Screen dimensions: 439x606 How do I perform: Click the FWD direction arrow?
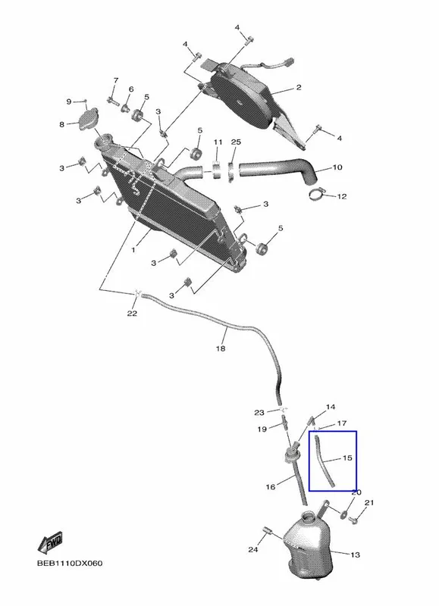pyautogui.click(x=50, y=543)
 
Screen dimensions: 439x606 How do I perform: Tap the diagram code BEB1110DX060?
pyautogui.click(x=70, y=564)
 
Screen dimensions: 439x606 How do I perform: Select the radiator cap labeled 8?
pyautogui.click(x=89, y=120)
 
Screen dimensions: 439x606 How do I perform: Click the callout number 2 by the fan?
pyautogui.click(x=299, y=88)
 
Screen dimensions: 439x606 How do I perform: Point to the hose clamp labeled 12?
pyautogui.click(x=317, y=194)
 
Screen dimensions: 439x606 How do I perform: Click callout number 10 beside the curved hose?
pyautogui.click(x=337, y=167)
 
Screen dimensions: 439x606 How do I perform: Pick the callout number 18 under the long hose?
pyautogui.click(x=220, y=348)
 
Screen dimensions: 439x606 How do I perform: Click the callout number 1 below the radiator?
pyautogui.click(x=133, y=250)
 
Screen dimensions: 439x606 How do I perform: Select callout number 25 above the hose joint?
pyautogui.click(x=236, y=142)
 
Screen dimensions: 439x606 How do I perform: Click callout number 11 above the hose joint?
pyautogui.click(x=218, y=142)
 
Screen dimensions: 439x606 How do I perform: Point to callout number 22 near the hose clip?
pyautogui.click(x=132, y=313)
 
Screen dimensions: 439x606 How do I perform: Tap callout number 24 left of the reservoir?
pyautogui.click(x=253, y=549)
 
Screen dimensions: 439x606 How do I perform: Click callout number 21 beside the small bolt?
pyautogui.click(x=369, y=502)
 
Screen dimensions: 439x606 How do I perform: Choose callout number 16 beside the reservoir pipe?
pyautogui.click(x=271, y=486)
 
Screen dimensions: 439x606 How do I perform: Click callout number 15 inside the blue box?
pyautogui.click(x=347, y=458)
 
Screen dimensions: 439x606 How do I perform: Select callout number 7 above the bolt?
pyautogui.click(x=116, y=80)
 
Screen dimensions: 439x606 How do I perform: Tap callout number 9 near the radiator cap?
pyautogui.click(x=69, y=102)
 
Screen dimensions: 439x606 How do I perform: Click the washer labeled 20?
pyautogui.click(x=343, y=514)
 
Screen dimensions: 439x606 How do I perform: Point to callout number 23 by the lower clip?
pyautogui.click(x=259, y=413)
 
